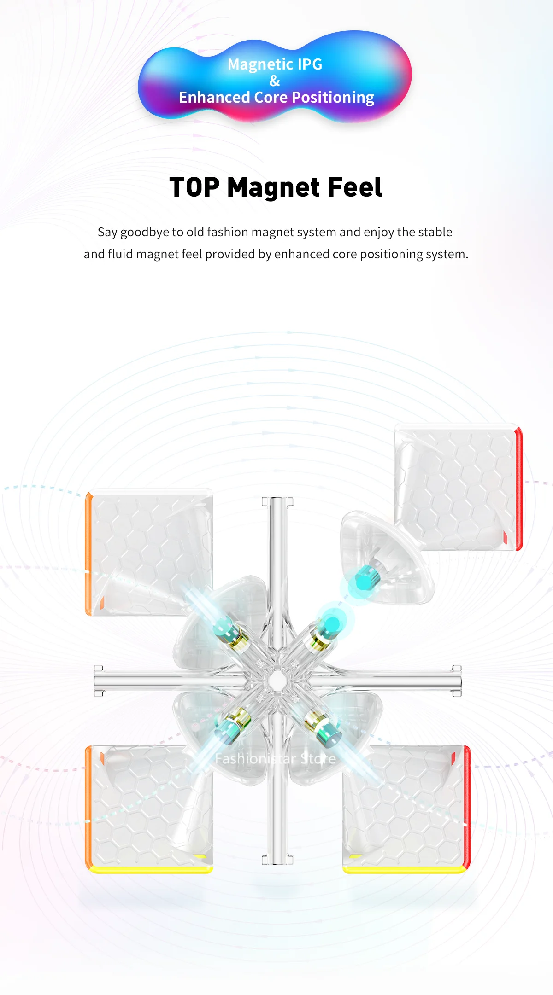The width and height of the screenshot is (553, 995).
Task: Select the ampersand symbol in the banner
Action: tap(275, 81)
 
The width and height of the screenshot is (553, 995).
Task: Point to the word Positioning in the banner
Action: tap(333, 98)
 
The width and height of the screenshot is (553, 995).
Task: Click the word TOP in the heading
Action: tap(194, 187)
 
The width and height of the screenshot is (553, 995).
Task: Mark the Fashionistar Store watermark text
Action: tap(276, 758)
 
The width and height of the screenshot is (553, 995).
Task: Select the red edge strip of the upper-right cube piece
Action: tap(519, 488)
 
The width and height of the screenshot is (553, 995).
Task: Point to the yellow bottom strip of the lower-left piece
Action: tap(150, 869)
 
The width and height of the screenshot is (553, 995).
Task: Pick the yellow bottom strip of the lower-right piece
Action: tap(405, 869)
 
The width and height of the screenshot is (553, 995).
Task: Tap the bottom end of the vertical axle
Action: tap(277, 859)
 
